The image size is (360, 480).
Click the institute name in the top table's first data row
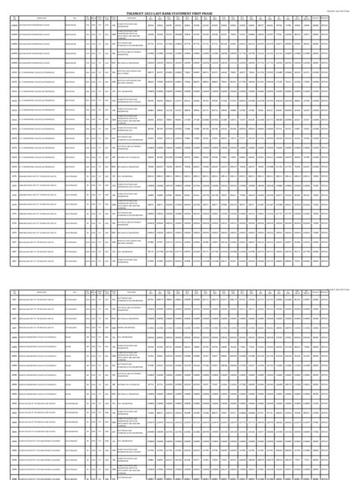tap(34, 25)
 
